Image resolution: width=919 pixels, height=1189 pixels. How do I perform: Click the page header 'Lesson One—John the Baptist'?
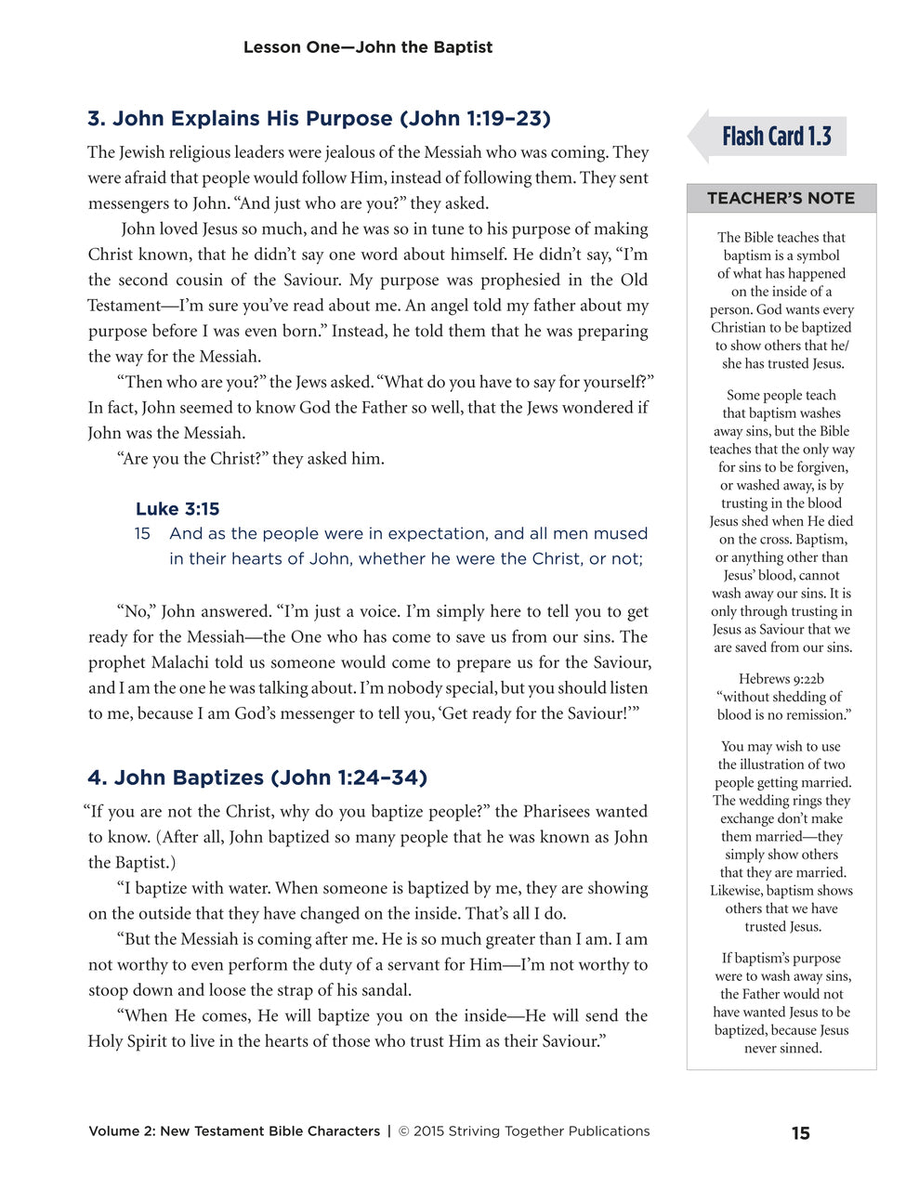[367, 47]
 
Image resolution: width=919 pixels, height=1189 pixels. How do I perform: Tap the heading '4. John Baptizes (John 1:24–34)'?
[257, 777]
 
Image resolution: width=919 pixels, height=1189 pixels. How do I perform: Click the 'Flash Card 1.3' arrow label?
[776, 137]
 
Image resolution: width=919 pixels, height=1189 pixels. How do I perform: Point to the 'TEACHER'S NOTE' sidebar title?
[781, 198]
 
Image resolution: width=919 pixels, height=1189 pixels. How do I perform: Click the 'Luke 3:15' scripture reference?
[177, 509]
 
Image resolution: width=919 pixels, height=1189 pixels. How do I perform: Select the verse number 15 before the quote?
[142, 534]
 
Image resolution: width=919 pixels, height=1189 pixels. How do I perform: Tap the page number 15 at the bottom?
[800, 1133]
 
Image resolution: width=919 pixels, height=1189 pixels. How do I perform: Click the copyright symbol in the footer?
[404, 1131]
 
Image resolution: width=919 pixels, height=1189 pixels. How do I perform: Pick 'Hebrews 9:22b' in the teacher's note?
[781, 679]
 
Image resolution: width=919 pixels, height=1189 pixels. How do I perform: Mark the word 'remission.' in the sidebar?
[820, 715]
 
